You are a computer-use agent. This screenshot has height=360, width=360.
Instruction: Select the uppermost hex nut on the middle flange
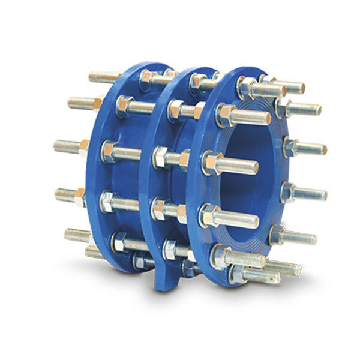click(198, 80)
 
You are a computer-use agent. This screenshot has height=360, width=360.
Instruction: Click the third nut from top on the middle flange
click(161, 157)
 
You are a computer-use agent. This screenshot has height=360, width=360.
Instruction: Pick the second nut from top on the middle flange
click(176, 109)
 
